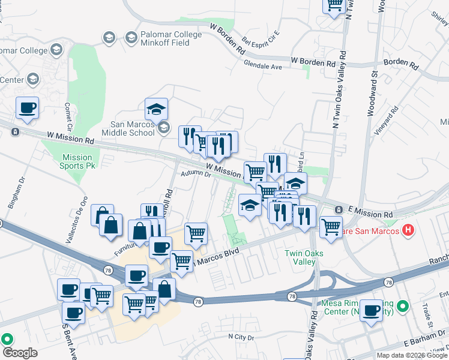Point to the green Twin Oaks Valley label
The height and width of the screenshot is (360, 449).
pyautogui.click(x=304, y=257)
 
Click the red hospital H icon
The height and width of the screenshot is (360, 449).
pyautogui.click(x=409, y=229)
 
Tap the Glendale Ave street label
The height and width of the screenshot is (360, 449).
pyautogui.click(x=263, y=67)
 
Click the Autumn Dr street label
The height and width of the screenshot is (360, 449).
pyautogui.click(x=196, y=175)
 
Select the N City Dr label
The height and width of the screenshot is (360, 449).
pyautogui.click(x=241, y=338)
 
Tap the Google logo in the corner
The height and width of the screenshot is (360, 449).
pyautogui.click(x=20, y=353)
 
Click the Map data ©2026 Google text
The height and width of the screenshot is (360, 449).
pyautogui.click(x=412, y=355)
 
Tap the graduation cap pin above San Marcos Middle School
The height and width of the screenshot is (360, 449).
pyautogui.click(x=156, y=109)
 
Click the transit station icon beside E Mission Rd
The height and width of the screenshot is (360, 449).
pyautogui.click(x=339, y=209)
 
